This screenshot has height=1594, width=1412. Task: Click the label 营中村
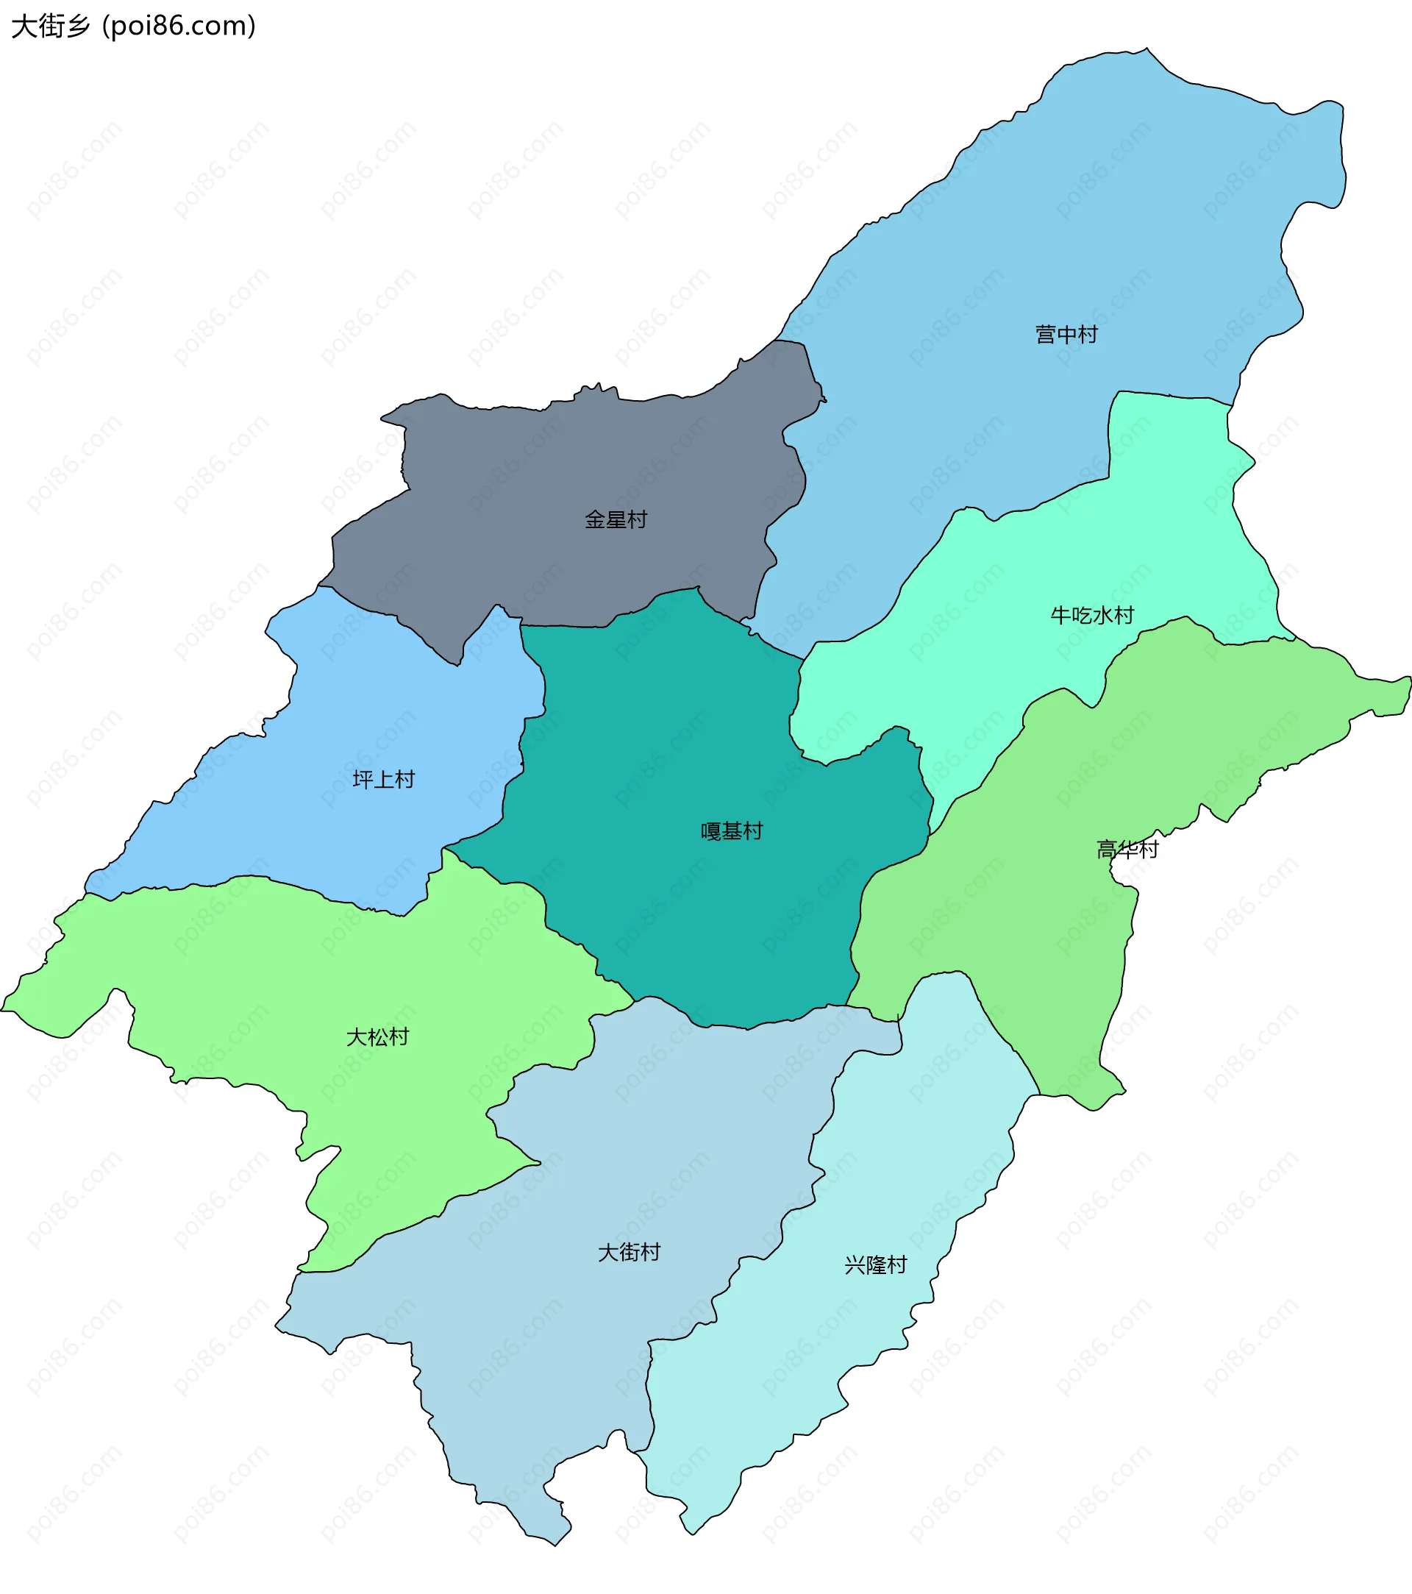[x=1066, y=335]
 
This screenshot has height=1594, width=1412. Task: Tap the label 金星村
[x=616, y=519]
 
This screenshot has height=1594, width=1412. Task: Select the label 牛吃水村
[x=1091, y=615]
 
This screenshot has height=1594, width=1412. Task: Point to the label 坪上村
[x=384, y=779]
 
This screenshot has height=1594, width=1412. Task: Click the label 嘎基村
[x=731, y=831]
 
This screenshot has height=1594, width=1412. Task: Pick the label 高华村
[x=1127, y=850]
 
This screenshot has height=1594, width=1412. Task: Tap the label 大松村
[x=377, y=1037]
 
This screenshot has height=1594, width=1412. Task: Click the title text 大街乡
[x=51, y=26]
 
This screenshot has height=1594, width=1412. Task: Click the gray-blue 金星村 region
[x=546, y=468]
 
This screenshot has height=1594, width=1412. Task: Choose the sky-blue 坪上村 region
[x=351, y=717]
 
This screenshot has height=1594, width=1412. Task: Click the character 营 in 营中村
[x=1046, y=335]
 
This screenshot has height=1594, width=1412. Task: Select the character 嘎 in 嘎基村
[x=711, y=831]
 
